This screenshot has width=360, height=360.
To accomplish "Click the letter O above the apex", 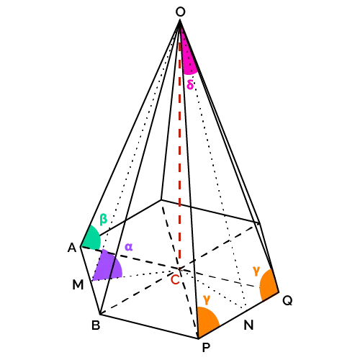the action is tap(181, 12).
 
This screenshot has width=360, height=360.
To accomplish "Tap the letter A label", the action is tap(72, 248).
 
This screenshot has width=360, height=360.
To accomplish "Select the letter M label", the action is tap(78, 285).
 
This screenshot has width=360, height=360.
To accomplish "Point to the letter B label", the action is tap(96, 325).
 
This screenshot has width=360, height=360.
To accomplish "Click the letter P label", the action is tap(206, 347).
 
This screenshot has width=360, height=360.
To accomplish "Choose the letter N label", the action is tap(248, 325).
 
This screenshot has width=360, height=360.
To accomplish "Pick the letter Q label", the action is tap(287, 300).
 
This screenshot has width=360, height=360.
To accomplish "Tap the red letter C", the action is tap(175, 279).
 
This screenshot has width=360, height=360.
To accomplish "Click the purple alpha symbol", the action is tap(129, 247).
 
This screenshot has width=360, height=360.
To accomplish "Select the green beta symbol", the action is tap(103, 219).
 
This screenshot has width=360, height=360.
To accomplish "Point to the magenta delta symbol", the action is tap(190, 84).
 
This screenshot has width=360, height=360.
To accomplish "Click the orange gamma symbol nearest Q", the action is tap(256, 271).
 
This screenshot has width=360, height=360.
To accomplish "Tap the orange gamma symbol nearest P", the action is tap(207, 300).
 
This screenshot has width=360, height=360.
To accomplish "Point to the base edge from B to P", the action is tap(149, 326).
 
